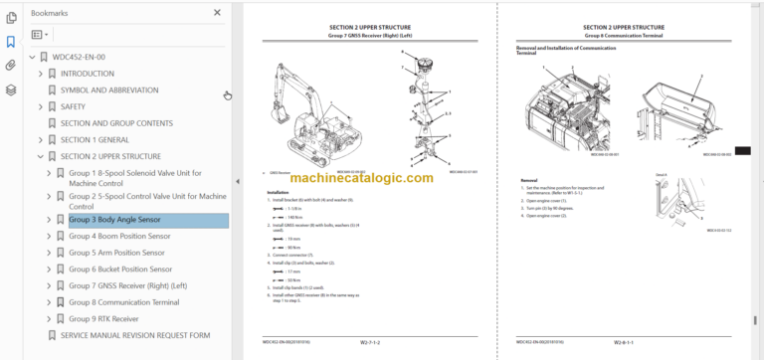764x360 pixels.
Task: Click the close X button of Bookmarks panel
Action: click(x=218, y=13)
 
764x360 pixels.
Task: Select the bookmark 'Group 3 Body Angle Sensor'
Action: click(x=113, y=220)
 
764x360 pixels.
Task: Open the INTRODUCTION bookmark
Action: click(x=87, y=74)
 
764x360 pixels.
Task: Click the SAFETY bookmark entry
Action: click(x=73, y=106)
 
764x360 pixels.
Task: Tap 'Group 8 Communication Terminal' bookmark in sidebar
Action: click(x=123, y=302)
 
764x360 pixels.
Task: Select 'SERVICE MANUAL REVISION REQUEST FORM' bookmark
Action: click(x=134, y=336)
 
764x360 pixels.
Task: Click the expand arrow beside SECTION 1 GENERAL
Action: click(x=40, y=140)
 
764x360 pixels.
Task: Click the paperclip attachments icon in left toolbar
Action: click(x=10, y=66)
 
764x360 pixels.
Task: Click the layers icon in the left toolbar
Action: click(x=10, y=90)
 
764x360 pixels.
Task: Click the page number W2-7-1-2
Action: click(x=375, y=342)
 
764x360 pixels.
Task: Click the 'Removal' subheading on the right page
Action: click(x=529, y=180)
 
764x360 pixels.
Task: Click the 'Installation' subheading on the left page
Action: click(x=279, y=192)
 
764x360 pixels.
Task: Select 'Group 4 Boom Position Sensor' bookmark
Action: click(x=119, y=237)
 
